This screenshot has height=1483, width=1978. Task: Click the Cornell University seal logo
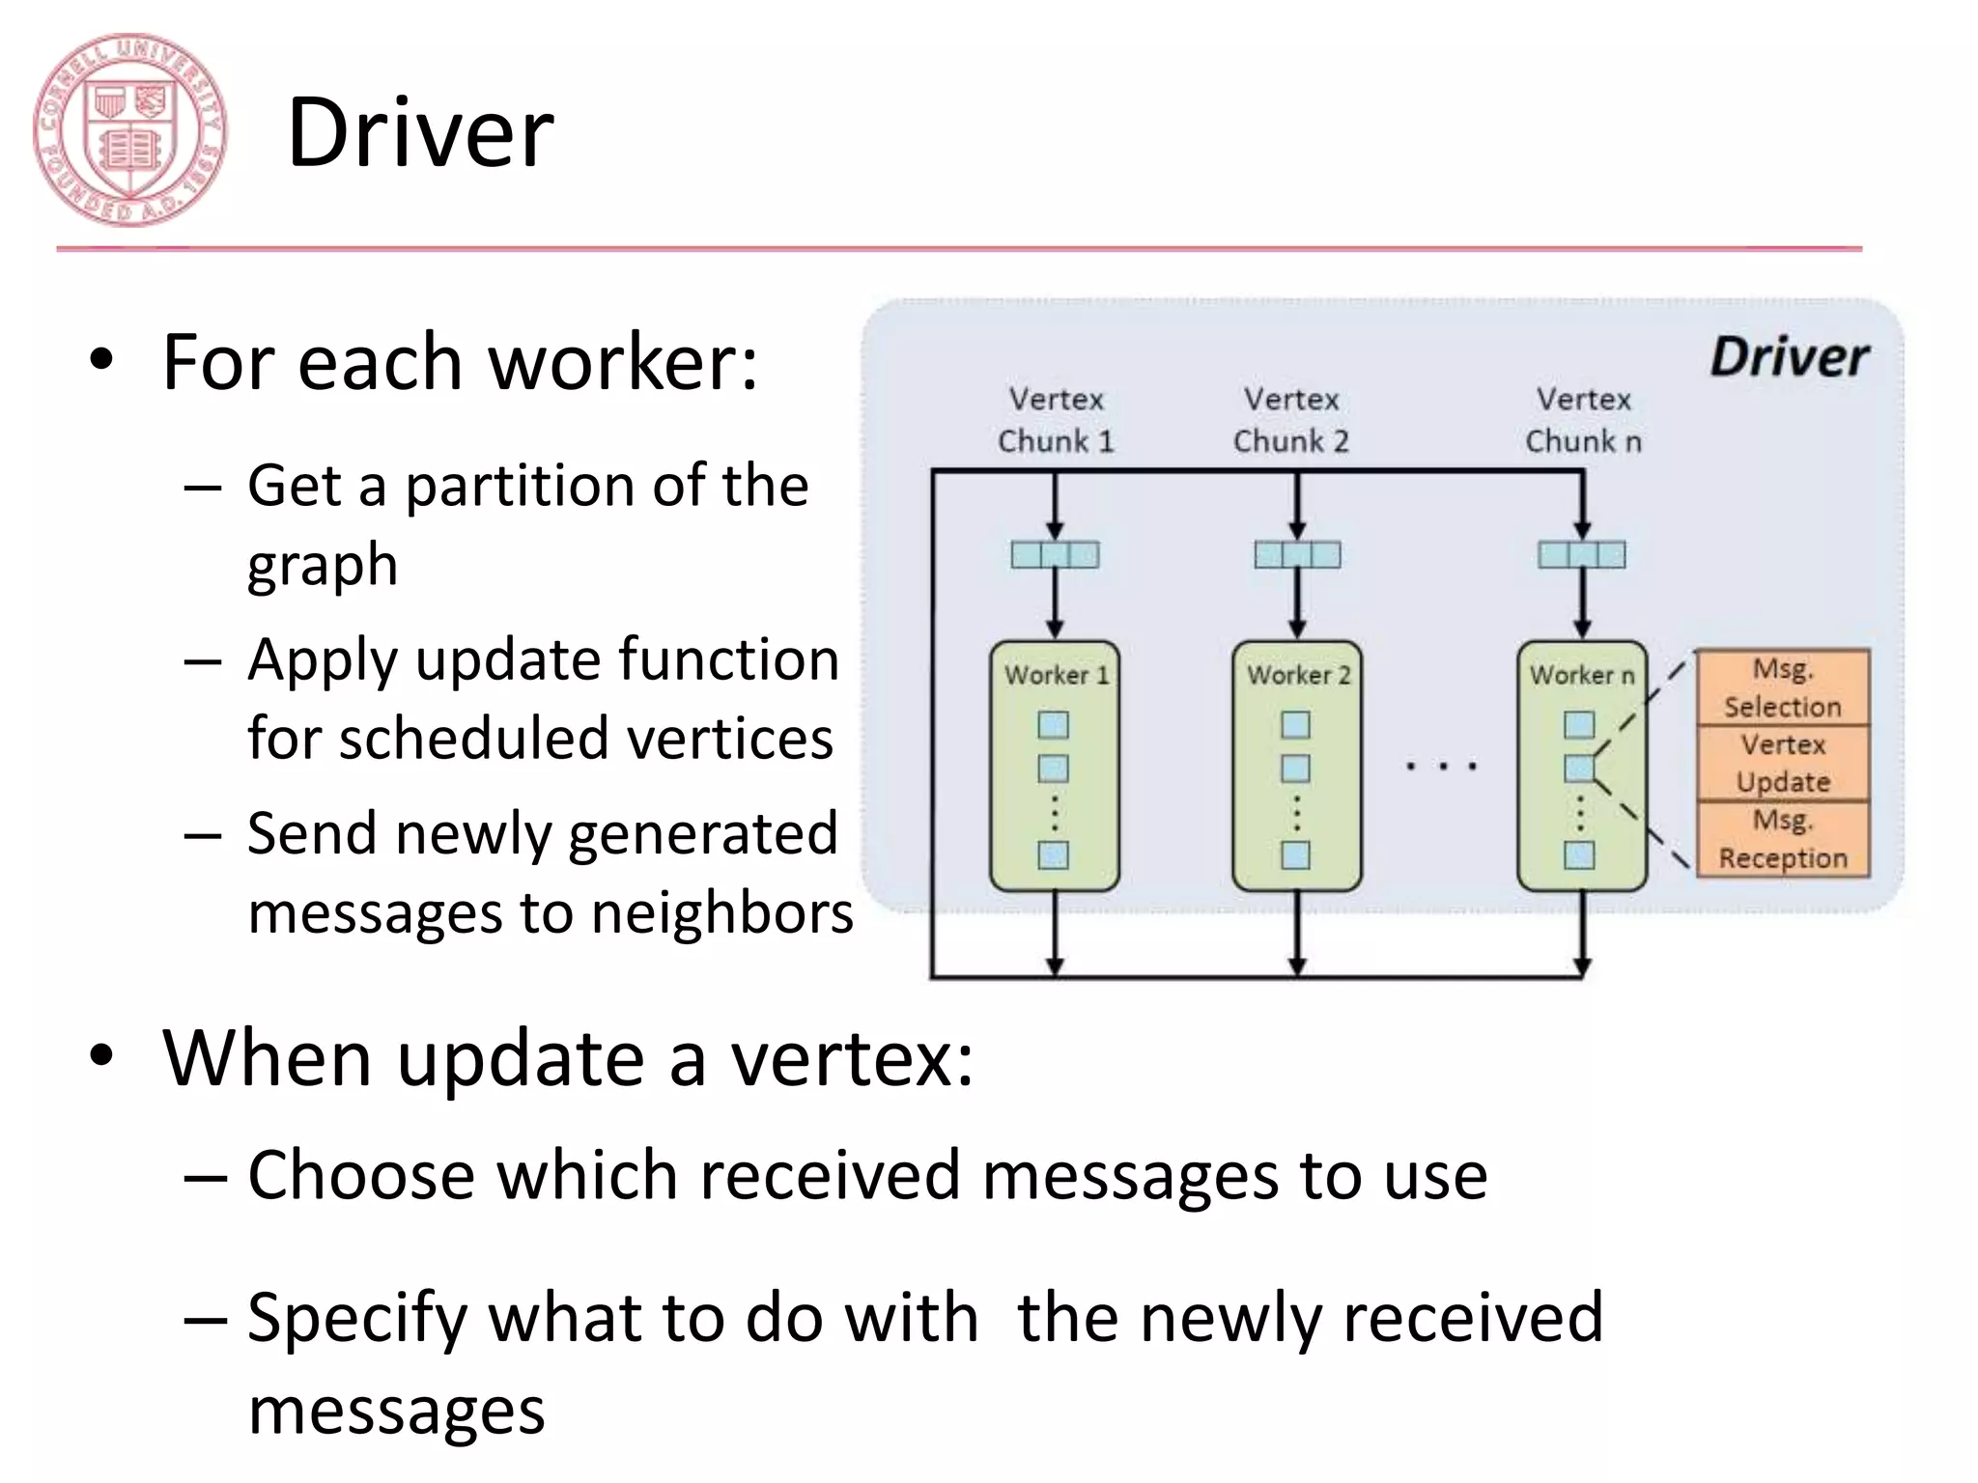pyautogui.click(x=129, y=130)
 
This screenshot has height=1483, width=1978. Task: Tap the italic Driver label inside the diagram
pyautogui.click(x=1789, y=357)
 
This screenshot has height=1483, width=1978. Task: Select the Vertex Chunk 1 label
pyautogui.click(x=1056, y=420)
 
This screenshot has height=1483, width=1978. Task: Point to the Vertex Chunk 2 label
pyautogui.click(x=1291, y=420)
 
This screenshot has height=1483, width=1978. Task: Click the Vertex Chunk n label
pyautogui.click(x=1583, y=420)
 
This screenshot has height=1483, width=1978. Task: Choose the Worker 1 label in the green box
pyautogui.click(x=1056, y=675)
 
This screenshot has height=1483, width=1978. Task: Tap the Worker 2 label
pyautogui.click(x=1298, y=675)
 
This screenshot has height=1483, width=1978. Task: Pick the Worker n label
pyautogui.click(x=1581, y=675)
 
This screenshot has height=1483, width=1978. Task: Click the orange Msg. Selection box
pyautogui.click(x=1783, y=687)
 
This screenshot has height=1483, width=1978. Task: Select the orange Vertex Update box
pyautogui.click(x=1783, y=763)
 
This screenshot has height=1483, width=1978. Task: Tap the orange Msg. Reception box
pyautogui.click(x=1783, y=839)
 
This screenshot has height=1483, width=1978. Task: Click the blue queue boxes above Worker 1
pyautogui.click(x=1055, y=554)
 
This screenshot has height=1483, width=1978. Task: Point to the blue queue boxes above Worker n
pyautogui.click(x=1582, y=554)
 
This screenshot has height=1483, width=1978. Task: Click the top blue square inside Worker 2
pyautogui.click(x=1295, y=725)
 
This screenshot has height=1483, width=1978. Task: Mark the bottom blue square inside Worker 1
pyautogui.click(x=1054, y=855)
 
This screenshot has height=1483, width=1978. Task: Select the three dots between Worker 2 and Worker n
pyautogui.click(x=1441, y=767)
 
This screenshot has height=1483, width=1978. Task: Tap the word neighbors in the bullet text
pyautogui.click(x=721, y=912)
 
